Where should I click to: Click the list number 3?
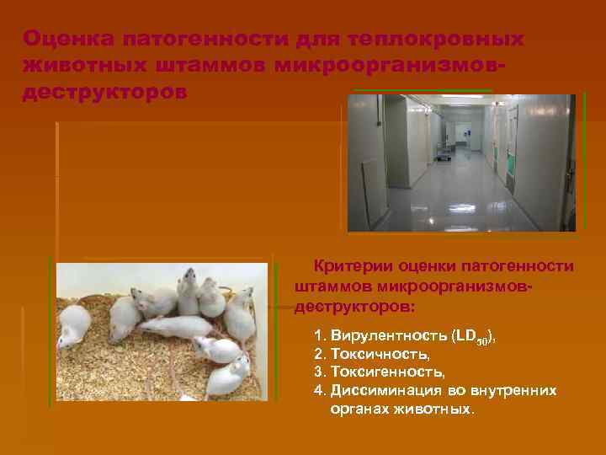319,372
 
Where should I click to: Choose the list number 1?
319,335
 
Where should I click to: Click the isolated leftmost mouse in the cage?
74,325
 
